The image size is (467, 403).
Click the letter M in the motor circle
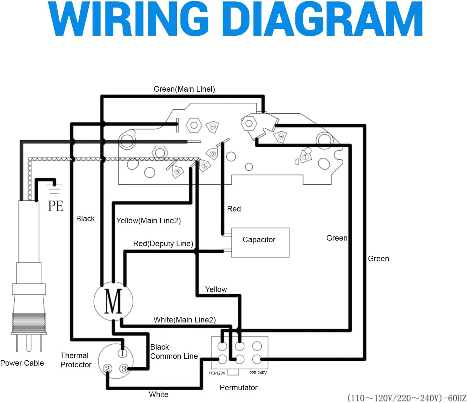point(113,301)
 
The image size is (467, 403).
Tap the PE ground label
point(56,206)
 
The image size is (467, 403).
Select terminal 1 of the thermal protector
point(122,353)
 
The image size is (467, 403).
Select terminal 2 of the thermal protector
point(107,368)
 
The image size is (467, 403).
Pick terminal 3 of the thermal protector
point(124,368)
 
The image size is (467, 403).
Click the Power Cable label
point(22,363)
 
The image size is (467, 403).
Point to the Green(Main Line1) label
point(184,89)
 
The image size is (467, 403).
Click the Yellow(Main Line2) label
point(148,221)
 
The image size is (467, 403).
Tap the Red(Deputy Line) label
point(163,244)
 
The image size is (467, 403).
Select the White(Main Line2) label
point(185,320)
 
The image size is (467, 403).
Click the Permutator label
point(239,388)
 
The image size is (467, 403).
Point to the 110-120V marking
point(217,373)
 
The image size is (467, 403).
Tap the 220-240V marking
point(258,373)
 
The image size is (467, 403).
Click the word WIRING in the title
point(128,19)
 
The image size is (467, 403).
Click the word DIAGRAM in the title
point(322,19)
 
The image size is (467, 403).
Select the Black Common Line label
point(174,352)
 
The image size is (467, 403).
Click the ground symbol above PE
point(54,189)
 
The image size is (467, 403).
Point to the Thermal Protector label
point(76,360)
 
